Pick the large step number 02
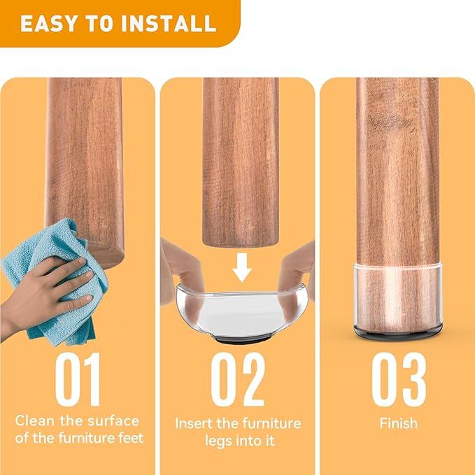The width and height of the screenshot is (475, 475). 238,381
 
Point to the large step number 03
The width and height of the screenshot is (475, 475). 398,381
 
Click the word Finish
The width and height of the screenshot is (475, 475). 398,423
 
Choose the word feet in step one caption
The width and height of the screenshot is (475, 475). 128,439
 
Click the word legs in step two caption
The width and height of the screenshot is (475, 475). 221,441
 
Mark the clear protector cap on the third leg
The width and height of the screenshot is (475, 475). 397,294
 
